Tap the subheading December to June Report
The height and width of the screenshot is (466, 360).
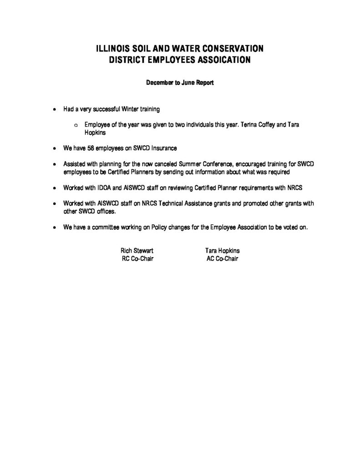coord(180,83)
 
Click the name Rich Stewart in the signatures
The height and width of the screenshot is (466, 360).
coord(133,251)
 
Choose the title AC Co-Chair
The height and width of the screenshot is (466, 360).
coord(223,258)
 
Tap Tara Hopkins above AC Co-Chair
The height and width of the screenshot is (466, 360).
coord(223,251)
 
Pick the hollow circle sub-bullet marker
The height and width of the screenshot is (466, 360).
coord(76,124)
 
